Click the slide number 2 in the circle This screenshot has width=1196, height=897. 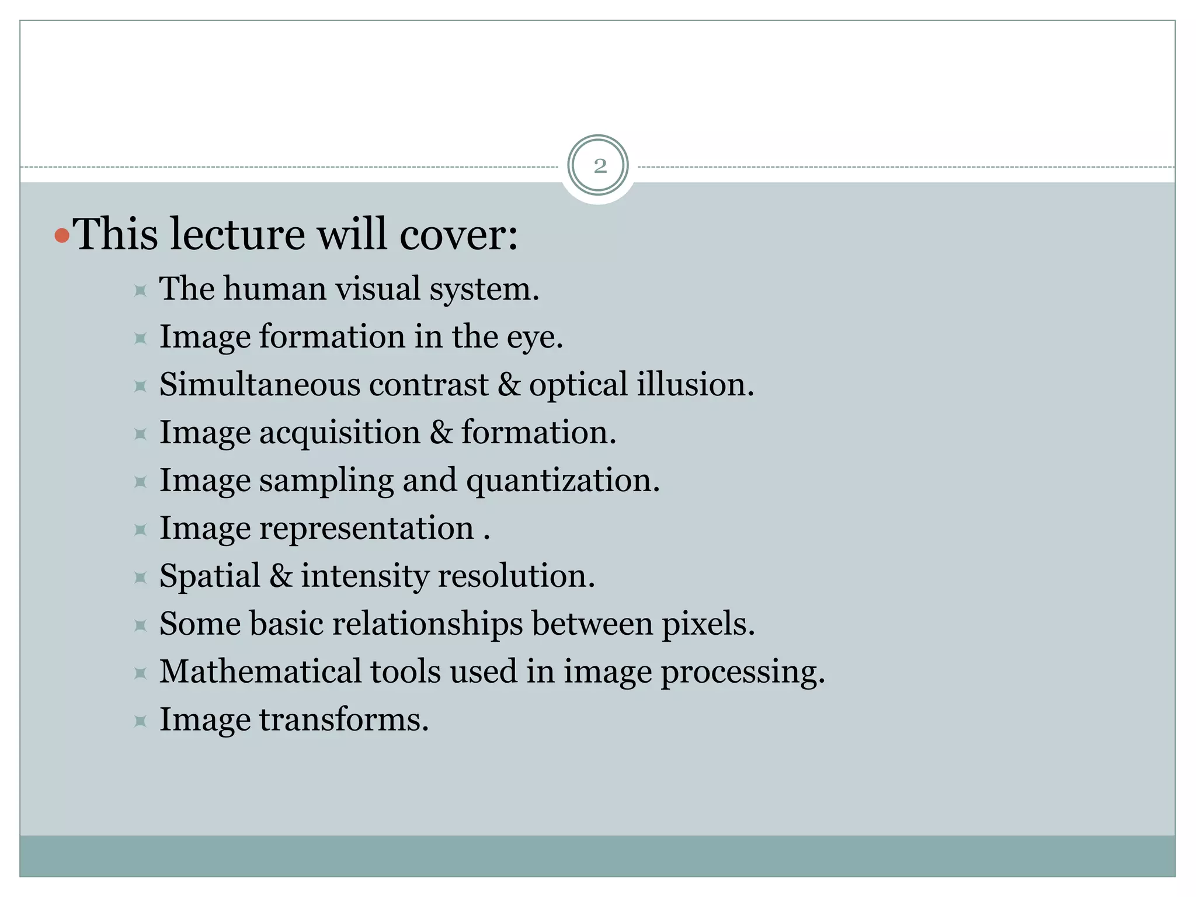coord(600,166)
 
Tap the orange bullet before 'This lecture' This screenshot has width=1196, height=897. coord(61,236)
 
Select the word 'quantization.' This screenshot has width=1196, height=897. coord(563,481)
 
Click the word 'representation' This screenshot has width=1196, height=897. coord(367,529)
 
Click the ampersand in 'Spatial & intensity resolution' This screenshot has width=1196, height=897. coord(281,576)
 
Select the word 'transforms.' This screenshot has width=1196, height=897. coord(344,719)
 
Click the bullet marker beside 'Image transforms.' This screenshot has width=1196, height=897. coord(140,721)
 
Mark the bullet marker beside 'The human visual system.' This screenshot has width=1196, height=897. coord(140,290)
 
